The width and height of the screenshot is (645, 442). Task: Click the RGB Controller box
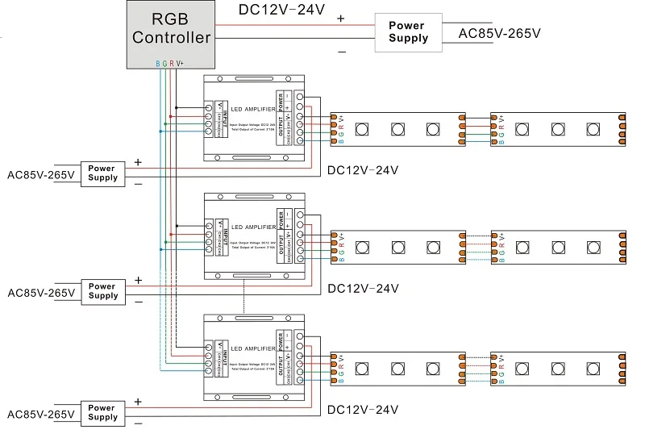(171, 28)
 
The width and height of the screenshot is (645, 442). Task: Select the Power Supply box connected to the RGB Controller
(409, 33)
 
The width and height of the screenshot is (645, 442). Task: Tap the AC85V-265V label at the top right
(499, 34)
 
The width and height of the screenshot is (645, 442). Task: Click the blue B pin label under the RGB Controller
(158, 64)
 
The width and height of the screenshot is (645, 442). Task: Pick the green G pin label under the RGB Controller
(164, 64)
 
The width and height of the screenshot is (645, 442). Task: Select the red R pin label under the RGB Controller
(171, 64)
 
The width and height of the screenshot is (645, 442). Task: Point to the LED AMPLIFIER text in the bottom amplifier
(252, 348)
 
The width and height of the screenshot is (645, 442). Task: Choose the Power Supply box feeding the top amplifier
(102, 173)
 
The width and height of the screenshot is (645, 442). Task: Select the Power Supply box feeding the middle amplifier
(102, 291)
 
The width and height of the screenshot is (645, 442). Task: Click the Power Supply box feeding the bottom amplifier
(102, 412)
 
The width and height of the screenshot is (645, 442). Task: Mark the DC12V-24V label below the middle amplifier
(363, 289)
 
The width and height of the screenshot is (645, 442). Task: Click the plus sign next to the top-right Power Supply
(341, 19)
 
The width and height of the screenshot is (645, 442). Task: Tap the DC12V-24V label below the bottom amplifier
(363, 410)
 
